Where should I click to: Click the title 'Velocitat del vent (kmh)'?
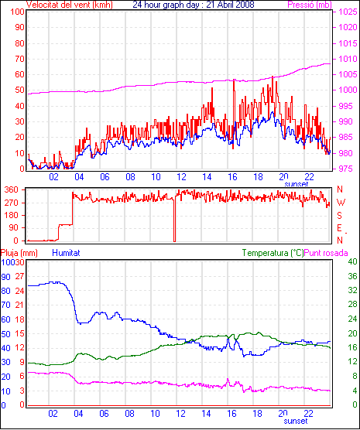tap(69, 5)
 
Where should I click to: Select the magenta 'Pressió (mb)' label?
tap(310, 5)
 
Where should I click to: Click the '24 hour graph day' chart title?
tap(167, 5)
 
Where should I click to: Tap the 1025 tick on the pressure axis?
tap(348, 12)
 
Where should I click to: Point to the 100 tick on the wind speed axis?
tap(18, 12)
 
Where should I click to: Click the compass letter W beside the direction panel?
tap(341, 203)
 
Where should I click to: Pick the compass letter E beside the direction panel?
tap(339, 228)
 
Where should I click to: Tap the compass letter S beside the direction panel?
tap(339, 216)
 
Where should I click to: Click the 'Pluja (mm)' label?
tap(19, 253)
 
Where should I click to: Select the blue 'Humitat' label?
tap(66, 253)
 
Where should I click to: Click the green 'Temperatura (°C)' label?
tap(273, 253)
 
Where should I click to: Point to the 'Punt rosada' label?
tap(326, 253)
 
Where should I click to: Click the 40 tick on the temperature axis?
tap(352, 261)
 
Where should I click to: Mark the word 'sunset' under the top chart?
tap(296, 184)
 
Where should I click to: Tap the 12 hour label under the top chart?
tap(181, 177)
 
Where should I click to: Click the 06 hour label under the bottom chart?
tap(104, 413)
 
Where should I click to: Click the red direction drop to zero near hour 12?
tap(174, 220)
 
